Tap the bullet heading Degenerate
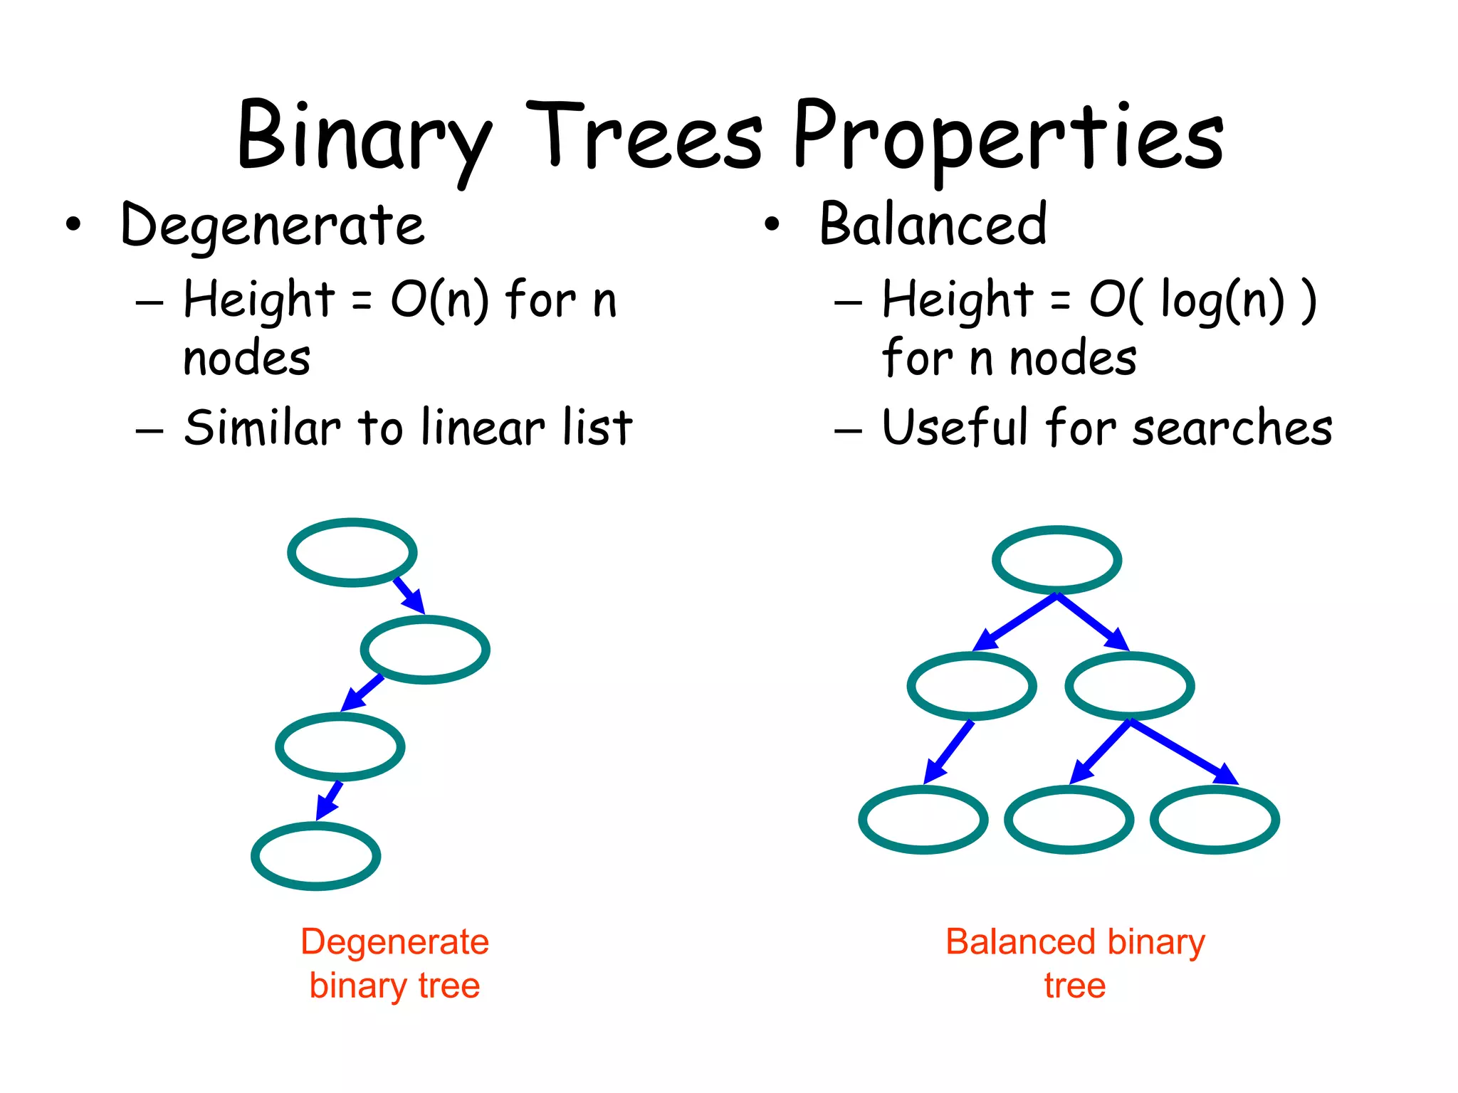click(x=273, y=226)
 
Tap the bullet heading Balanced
click(x=933, y=225)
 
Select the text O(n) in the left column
click(x=439, y=300)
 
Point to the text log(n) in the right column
click(x=1222, y=300)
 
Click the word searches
click(x=1232, y=428)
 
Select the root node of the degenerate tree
click(x=352, y=552)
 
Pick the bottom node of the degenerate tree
click(x=315, y=855)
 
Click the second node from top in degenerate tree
click(x=425, y=650)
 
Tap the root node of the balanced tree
click(x=1056, y=560)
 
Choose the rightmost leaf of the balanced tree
click(x=1215, y=820)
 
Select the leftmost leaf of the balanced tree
click(x=923, y=820)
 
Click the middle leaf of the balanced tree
click(x=1069, y=820)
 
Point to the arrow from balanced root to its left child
click(x=1014, y=622)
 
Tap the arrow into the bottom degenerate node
click(x=329, y=801)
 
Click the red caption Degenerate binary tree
click(x=394, y=963)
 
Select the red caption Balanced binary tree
click(x=1075, y=963)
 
